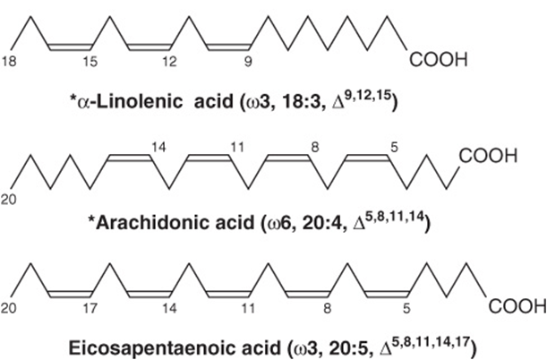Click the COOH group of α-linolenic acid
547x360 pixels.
point(438,60)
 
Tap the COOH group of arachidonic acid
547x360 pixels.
point(488,156)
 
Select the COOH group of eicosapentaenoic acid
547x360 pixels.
point(517,307)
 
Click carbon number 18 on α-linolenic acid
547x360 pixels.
point(9,62)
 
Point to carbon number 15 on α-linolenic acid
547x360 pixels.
point(90,62)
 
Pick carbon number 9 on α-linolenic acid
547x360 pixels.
point(248,62)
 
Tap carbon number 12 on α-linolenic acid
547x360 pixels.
point(169,62)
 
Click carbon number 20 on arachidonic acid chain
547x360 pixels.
point(9,200)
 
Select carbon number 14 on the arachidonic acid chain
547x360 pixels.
point(158,148)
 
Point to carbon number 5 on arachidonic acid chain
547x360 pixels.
point(394,148)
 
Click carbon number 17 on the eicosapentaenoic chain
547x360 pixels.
point(90,308)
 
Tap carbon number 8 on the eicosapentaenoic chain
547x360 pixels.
point(328,308)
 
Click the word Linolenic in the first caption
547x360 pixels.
point(139,101)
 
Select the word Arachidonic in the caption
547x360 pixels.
point(175,223)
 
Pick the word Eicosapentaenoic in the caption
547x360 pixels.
point(175,347)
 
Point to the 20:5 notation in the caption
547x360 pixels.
point(350,347)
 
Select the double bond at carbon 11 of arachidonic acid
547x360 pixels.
point(209,158)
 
